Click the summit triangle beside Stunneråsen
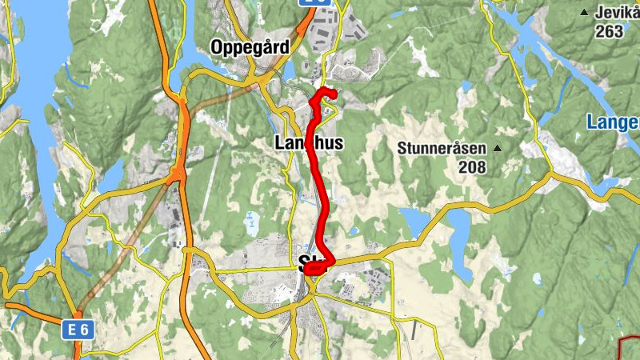click(x=498, y=148)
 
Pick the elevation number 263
click(x=609, y=32)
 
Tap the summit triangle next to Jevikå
click(x=585, y=12)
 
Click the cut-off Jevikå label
click(x=617, y=12)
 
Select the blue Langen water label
click(x=613, y=122)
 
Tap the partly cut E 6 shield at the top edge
click(x=316, y=3)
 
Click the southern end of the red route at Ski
click(x=308, y=270)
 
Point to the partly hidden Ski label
click(x=305, y=261)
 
